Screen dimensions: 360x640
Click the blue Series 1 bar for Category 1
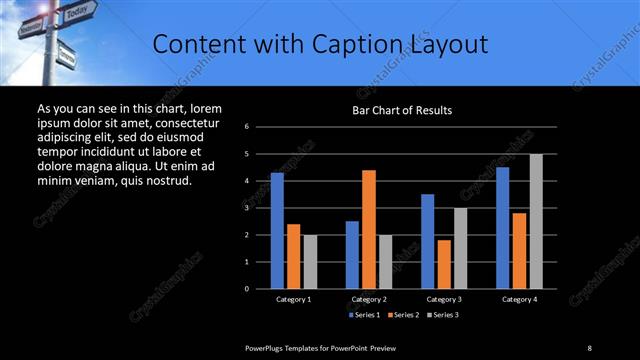[x=277, y=230]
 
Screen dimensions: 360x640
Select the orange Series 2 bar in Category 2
[x=369, y=229]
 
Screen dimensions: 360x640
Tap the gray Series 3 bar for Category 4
[x=536, y=221]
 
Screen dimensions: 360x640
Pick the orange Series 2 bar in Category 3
[x=444, y=264]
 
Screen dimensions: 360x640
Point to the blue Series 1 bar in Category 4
[x=502, y=228]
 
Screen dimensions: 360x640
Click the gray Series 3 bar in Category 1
[x=310, y=262]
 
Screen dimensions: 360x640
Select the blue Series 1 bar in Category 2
[x=352, y=255]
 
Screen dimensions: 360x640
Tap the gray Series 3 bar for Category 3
[x=460, y=248]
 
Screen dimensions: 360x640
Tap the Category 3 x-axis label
[x=444, y=299]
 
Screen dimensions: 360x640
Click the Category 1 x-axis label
[x=294, y=299]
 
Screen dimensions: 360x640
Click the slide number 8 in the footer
[x=589, y=347]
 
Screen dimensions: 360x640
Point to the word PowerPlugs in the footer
[x=267, y=347]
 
